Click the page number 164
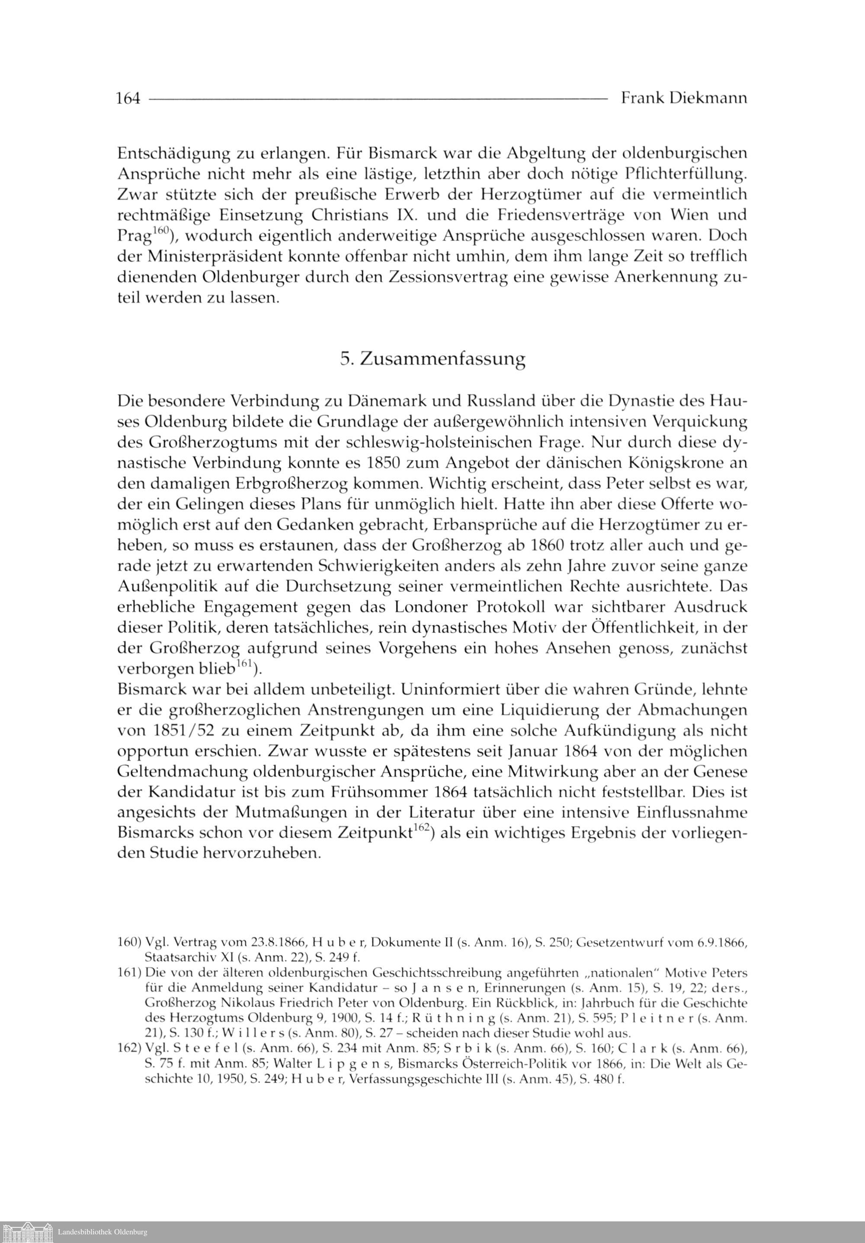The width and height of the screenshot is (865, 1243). [x=128, y=98]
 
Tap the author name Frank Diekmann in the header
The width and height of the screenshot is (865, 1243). [x=684, y=98]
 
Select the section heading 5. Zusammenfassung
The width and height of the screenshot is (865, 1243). [x=432, y=359]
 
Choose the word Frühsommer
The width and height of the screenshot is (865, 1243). [x=377, y=792]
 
